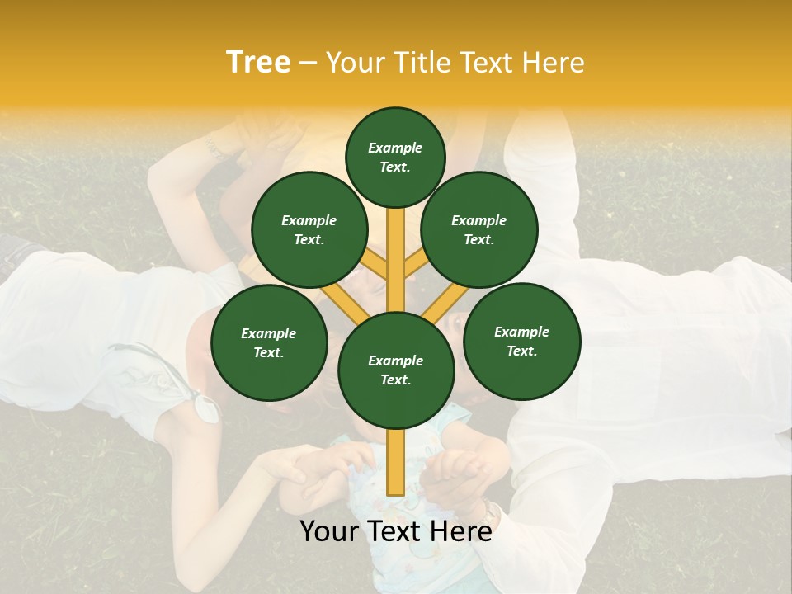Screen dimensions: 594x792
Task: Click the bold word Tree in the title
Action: (258, 63)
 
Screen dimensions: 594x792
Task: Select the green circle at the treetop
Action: (395, 157)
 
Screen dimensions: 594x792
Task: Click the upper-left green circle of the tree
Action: (309, 229)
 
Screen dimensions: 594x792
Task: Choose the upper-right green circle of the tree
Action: (479, 229)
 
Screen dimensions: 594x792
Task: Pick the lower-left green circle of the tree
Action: (269, 342)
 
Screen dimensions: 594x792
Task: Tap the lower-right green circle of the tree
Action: (521, 341)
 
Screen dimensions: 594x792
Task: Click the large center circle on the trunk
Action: (396, 370)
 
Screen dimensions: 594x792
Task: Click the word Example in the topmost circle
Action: (395, 148)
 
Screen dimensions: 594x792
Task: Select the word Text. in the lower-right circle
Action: (521, 351)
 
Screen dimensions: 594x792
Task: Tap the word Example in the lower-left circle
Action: (268, 333)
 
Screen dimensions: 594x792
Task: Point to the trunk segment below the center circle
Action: (396, 462)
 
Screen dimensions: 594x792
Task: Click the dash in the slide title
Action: (308, 64)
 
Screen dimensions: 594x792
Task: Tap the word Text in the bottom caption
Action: (396, 532)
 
